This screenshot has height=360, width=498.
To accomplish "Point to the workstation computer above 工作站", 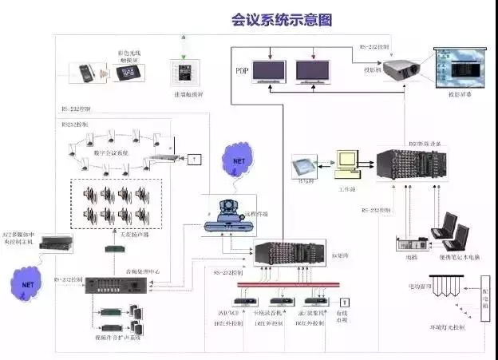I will click(348, 163).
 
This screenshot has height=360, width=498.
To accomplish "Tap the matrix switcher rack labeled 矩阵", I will click(287, 253).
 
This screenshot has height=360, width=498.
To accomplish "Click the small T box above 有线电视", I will click(346, 301).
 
